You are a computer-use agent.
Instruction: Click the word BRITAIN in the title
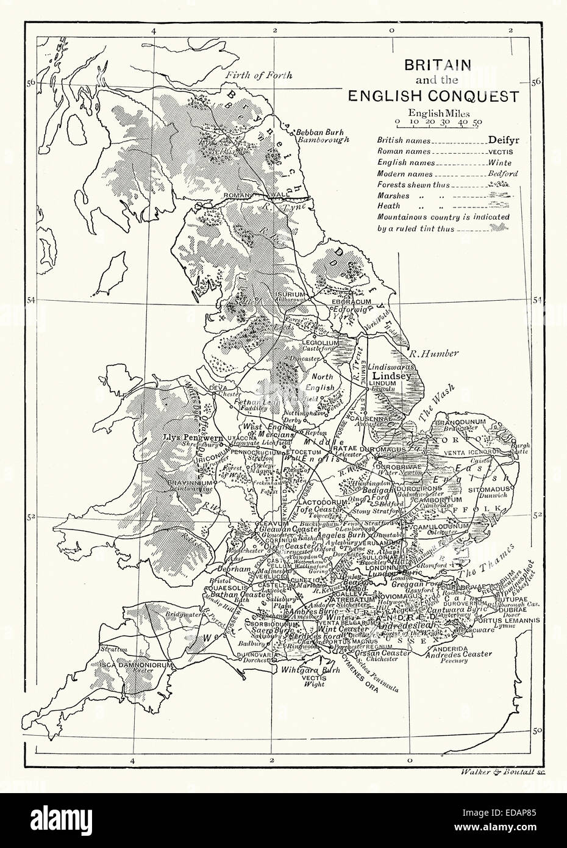(x=433, y=66)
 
